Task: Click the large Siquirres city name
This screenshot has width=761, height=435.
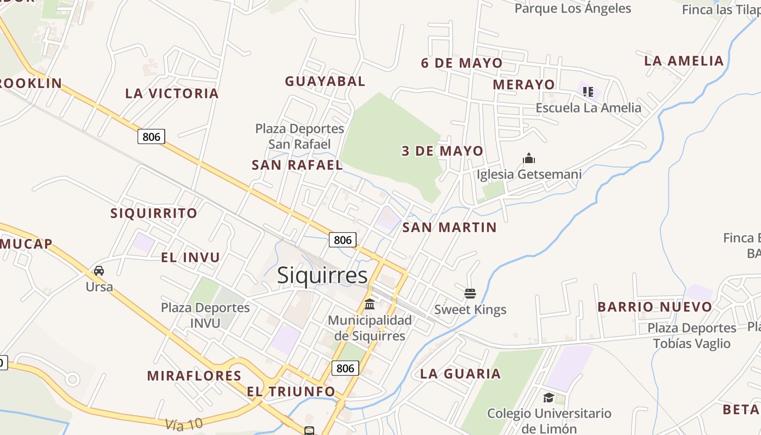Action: pyautogui.click(x=322, y=276)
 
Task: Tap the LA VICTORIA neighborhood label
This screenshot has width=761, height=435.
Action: pyautogui.click(x=172, y=94)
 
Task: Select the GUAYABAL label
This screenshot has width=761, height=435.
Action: pyautogui.click(x=325, y=82)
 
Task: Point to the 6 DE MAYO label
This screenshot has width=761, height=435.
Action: pyautogui.click(x=461, y=63)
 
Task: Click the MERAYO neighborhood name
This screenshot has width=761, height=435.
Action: pyautogui.click(x=523, y=85)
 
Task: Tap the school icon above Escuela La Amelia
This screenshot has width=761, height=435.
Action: pyautogui.click(x=588, y=91)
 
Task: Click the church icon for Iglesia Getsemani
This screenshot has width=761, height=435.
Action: pyautogui.click(x=529, y=158)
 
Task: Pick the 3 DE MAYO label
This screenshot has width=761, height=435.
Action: pyautogui.click(x=442, y=151)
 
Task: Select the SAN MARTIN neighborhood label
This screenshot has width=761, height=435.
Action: pyautogui.click(x=450, y=228)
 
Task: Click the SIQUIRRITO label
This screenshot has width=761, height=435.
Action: pyautogui.click(x=154, y=213)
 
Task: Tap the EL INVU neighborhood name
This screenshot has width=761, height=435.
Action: pyautogui.click(x=190, y=257)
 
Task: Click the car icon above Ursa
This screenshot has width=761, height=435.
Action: pyautogui.click(x=99, y=270)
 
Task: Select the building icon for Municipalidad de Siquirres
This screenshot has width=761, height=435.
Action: pyautogui.click(x=370, y=303)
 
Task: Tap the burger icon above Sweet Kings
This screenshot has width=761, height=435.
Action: pyautogui.click(x=470, y=294)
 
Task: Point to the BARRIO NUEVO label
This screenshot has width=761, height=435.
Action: pyautogui.click(x=654, y=307)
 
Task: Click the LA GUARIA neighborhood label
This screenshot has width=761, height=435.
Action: pyautogui.click(x=460, y=374)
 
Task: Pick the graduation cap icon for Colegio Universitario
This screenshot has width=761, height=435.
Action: pyautogui.click(x=548, y=397)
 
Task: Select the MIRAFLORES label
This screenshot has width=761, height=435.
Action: pyautogui.click(x=194, y=376)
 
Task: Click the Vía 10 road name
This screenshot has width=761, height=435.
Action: pyautogui.click(x=184, y=423)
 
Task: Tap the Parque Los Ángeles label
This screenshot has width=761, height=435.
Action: pyautogui.click(x=572, y=8)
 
